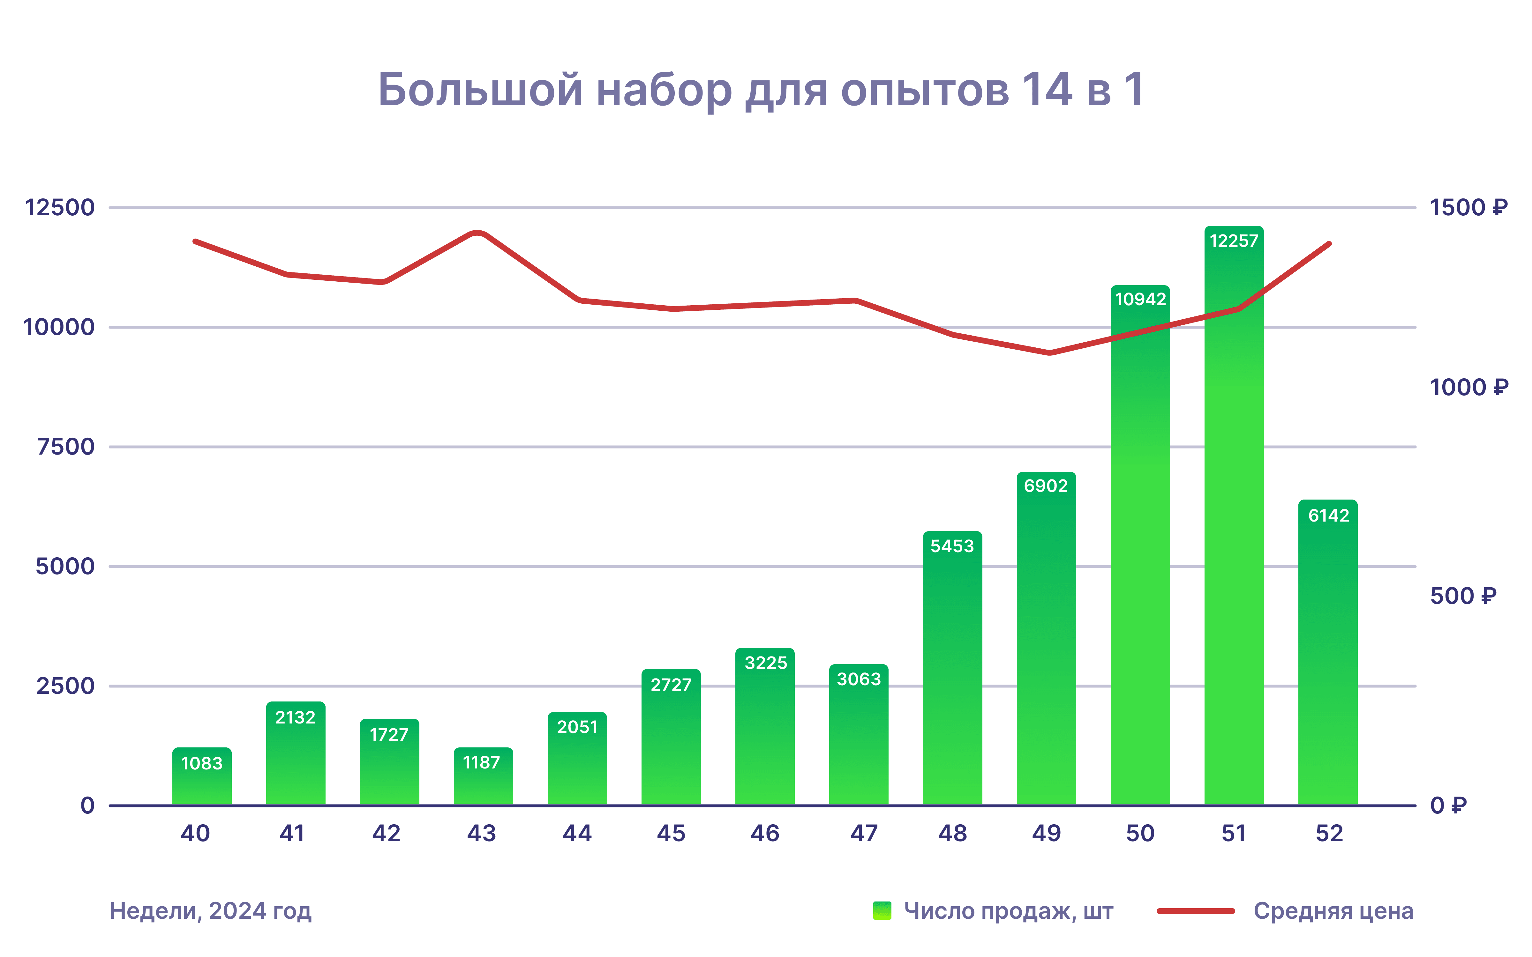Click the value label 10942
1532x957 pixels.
point(1140,299)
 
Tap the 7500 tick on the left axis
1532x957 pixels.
point(66,447)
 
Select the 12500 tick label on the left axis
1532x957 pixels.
point(59,208)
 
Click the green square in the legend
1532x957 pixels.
point(882,911)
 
